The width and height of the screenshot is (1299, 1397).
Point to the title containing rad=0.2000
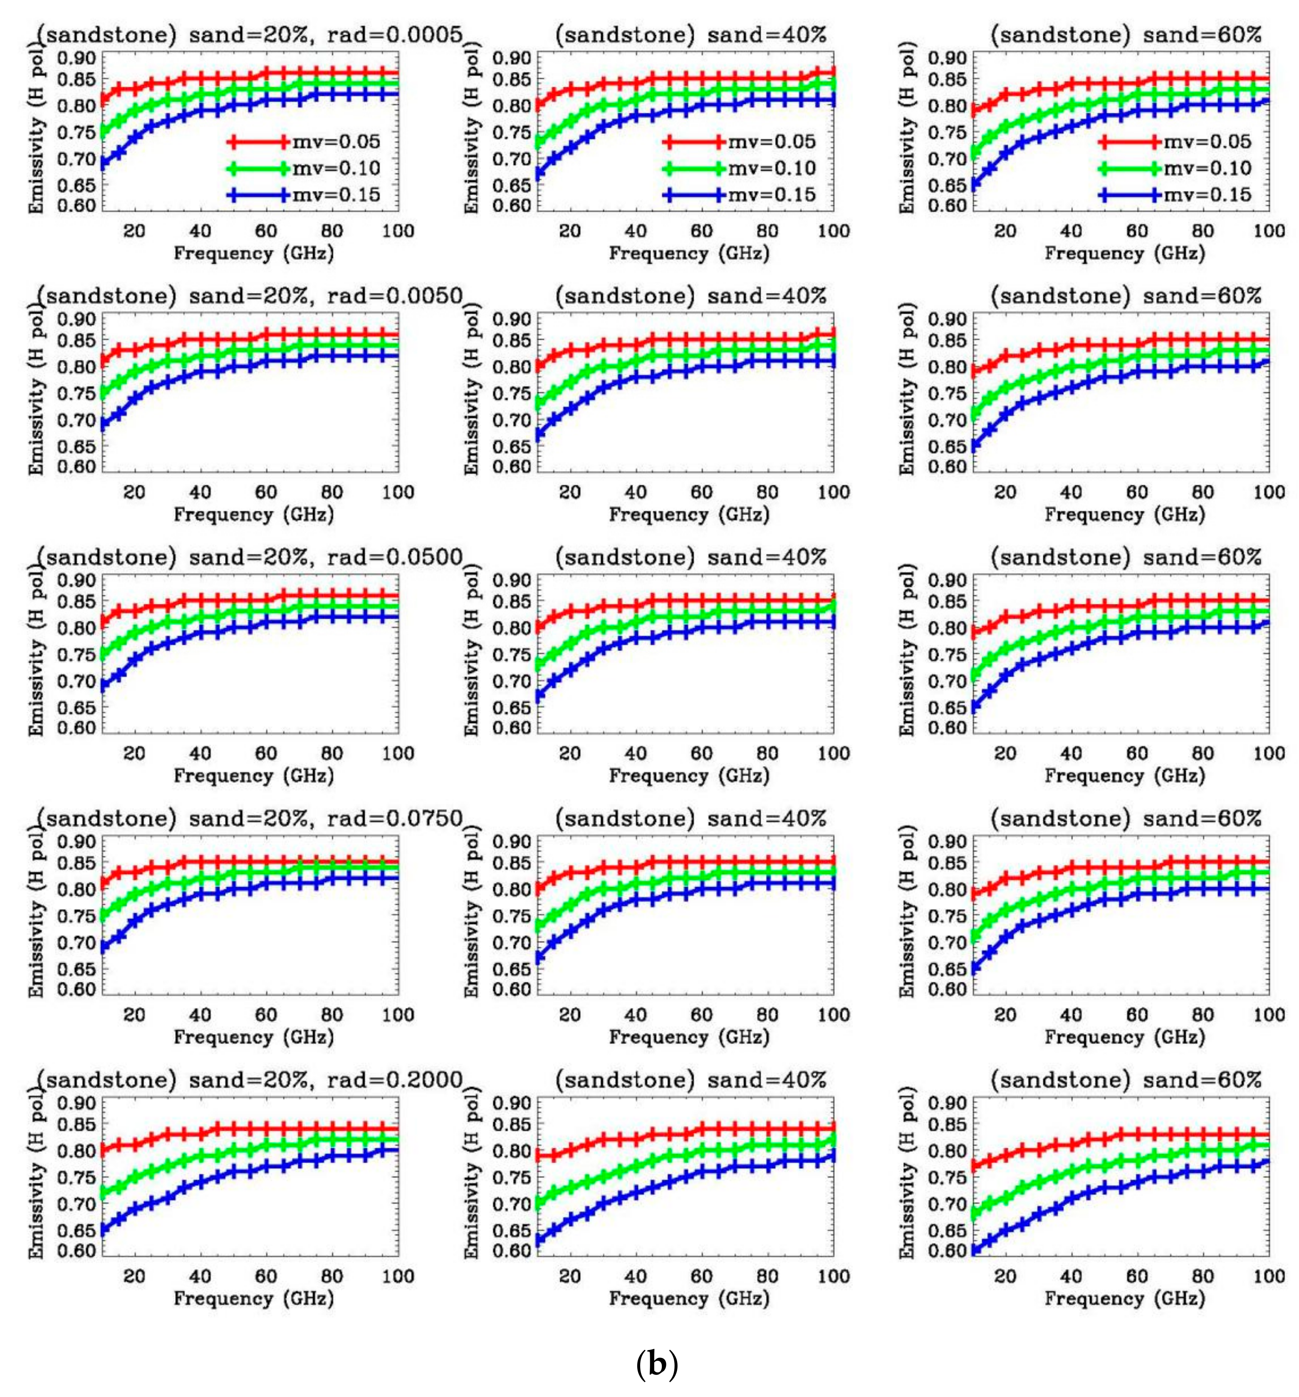(250, 1079)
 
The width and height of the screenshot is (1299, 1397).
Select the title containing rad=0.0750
(250, 818)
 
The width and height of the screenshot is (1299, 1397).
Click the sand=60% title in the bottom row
(1126, 1079)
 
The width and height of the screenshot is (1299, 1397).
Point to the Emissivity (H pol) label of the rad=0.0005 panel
(37, 129)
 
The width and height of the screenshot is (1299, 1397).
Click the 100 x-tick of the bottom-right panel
(1268, 1276)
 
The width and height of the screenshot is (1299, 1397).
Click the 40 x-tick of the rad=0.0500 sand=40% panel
(635, 753)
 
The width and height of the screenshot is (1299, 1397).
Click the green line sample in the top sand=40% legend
(693, 169)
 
